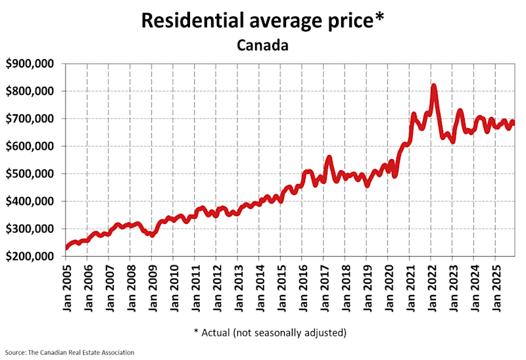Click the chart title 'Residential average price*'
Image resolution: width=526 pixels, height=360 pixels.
(x=262, y=20)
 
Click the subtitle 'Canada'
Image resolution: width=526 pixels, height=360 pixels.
(x=262, y=46)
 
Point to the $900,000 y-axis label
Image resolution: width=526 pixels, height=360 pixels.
(x=31, y=64)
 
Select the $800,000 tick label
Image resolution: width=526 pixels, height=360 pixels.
(x=31, y=91)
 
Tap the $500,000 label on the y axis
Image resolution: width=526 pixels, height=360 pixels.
(x=31, y=174)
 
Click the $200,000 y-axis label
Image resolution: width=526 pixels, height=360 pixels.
(x=31, y=257)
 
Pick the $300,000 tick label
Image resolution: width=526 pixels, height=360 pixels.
(x=31, y=229)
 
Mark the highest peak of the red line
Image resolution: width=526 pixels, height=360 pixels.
(x=434, y=85)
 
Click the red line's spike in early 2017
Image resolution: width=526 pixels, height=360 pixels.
(x=329, y=158)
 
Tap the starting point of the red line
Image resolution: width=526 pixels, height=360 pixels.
(x=66, y=248)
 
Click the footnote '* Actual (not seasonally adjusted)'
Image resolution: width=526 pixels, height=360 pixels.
(x=270, y=332)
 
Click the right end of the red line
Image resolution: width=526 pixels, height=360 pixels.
(x=514, y=124)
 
